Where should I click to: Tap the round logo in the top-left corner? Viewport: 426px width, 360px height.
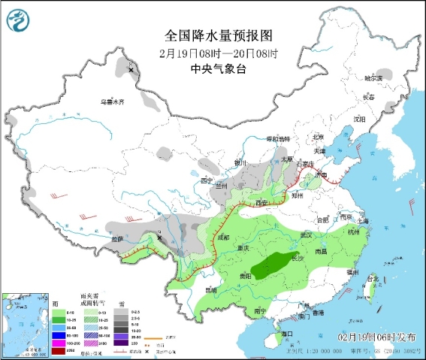(17, 18)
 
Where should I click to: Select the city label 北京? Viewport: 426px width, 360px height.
(318, 137)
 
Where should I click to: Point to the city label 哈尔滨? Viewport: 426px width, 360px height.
(373, 77)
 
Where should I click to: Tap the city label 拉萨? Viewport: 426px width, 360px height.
(116, 239)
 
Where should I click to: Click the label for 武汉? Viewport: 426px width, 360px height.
(306, 235)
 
